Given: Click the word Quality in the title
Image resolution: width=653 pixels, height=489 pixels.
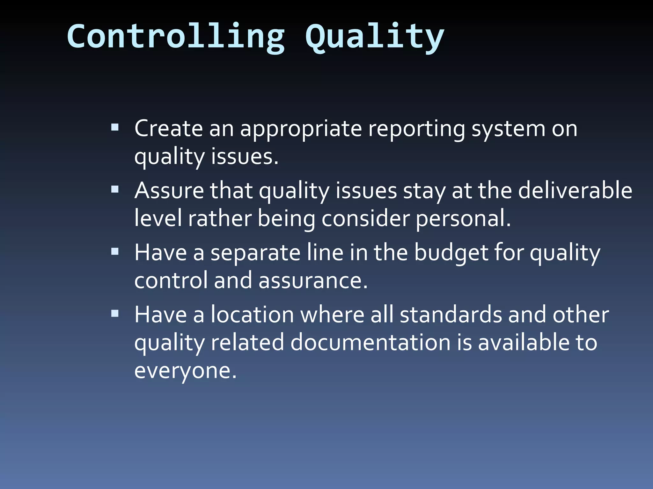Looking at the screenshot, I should tap(375, 38).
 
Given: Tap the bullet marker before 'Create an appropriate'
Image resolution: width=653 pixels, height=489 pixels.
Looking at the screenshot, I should tap(115, 128).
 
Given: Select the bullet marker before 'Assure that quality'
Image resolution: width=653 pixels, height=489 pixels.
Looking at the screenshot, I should tap(115, 190).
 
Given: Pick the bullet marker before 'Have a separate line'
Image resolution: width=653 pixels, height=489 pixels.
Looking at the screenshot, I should tap(115, 252).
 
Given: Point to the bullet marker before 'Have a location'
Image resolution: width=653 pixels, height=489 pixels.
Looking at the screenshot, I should tap(115, 314).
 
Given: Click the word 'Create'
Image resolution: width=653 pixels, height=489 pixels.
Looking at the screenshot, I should tap(168, 129).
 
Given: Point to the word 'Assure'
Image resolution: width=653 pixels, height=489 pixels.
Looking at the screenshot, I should tap(169, 191).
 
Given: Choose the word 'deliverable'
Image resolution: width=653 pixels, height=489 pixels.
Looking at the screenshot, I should tap(575, 191).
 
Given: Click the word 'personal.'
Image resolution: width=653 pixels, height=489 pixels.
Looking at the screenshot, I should tap(463, 219).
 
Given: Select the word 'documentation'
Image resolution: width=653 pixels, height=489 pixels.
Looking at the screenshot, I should tap(371, 343).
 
